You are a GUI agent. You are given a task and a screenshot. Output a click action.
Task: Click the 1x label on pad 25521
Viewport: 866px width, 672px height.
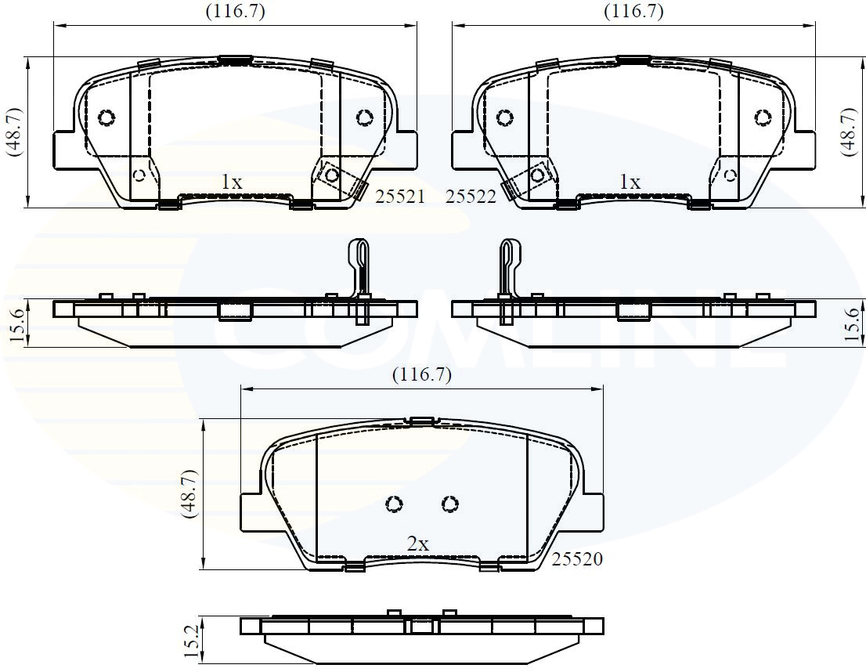[x=231, y=182]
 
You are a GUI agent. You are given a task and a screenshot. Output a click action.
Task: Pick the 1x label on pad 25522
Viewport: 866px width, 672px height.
[x=630, y=182]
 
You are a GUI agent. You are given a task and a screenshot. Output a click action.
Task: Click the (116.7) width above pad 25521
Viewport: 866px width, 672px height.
[x=236, y=11]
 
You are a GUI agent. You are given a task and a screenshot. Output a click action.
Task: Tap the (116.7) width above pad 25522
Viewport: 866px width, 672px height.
[x=633, y=11]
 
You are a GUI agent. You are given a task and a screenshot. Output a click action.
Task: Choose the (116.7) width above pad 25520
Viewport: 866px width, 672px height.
[x=422, y=374]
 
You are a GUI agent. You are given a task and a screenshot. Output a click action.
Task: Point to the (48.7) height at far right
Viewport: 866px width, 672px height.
[x=852, y=132]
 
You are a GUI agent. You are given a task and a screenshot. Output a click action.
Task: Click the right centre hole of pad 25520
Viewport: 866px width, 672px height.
[x=449, y=504]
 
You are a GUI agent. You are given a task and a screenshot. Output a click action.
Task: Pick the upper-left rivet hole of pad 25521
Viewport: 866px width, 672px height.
[x=106, y=117]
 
